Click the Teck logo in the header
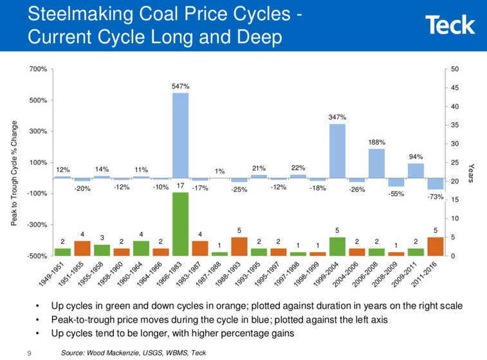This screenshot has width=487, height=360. point(450,25)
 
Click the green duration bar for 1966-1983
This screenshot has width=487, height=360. point(180,224)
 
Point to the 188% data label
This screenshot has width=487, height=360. point(376,141)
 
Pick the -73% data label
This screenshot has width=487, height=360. point(436,197)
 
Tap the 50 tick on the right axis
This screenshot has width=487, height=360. point(455,69)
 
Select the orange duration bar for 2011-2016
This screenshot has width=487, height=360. point(436,246)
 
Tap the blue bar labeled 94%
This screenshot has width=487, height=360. point(416,170)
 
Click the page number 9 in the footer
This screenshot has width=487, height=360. point(29,353)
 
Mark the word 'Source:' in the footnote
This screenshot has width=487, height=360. point(75,353)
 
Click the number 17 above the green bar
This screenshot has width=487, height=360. point(180,186)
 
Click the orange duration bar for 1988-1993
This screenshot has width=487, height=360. point(239,246)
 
